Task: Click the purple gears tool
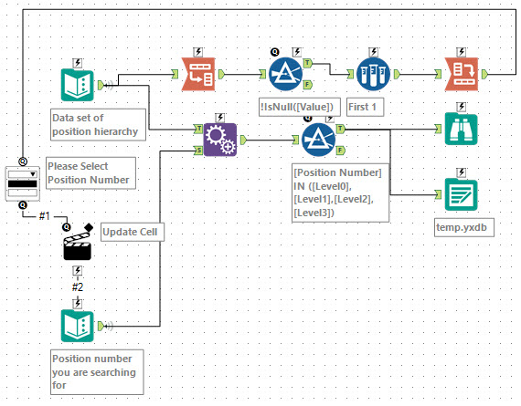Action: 219,140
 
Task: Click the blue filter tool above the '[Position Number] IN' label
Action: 318,140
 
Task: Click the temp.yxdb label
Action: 462,226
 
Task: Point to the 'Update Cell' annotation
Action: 132,233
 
